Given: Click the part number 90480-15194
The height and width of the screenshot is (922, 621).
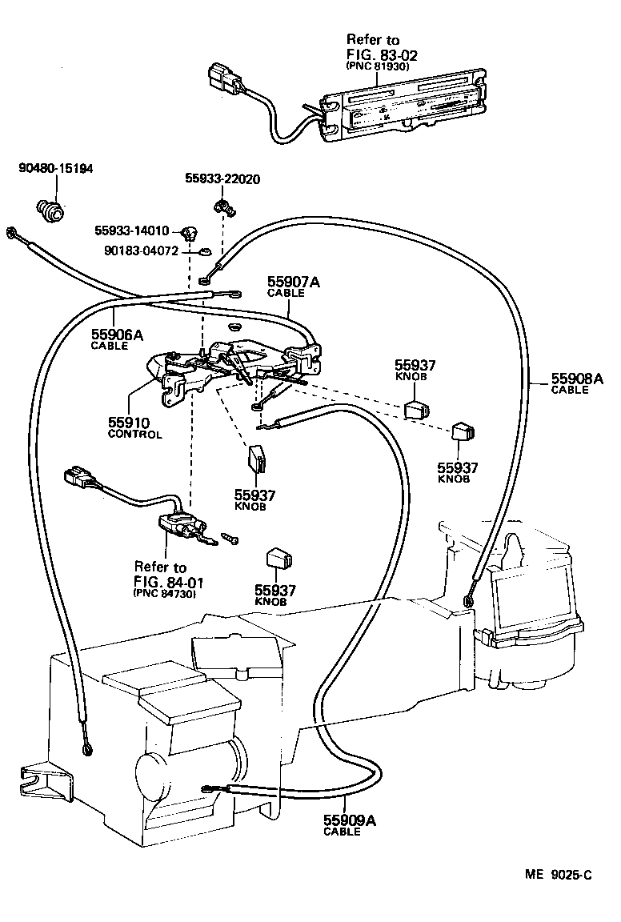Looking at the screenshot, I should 55,169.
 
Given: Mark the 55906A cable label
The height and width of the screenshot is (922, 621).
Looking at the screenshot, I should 117,335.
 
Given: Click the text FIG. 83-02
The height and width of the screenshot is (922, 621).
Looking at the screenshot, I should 383,54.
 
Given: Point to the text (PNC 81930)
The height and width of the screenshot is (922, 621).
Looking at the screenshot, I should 381,67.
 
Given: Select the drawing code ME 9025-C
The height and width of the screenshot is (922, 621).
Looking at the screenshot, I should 558,876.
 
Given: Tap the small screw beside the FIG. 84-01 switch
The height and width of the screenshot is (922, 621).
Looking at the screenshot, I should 230,539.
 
